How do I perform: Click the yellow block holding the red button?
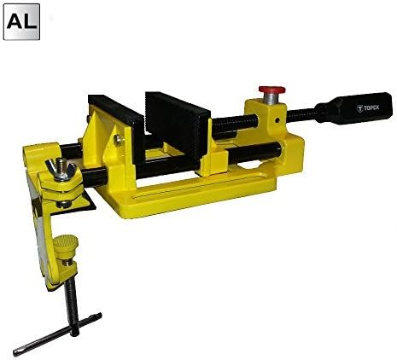[265, 119]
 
